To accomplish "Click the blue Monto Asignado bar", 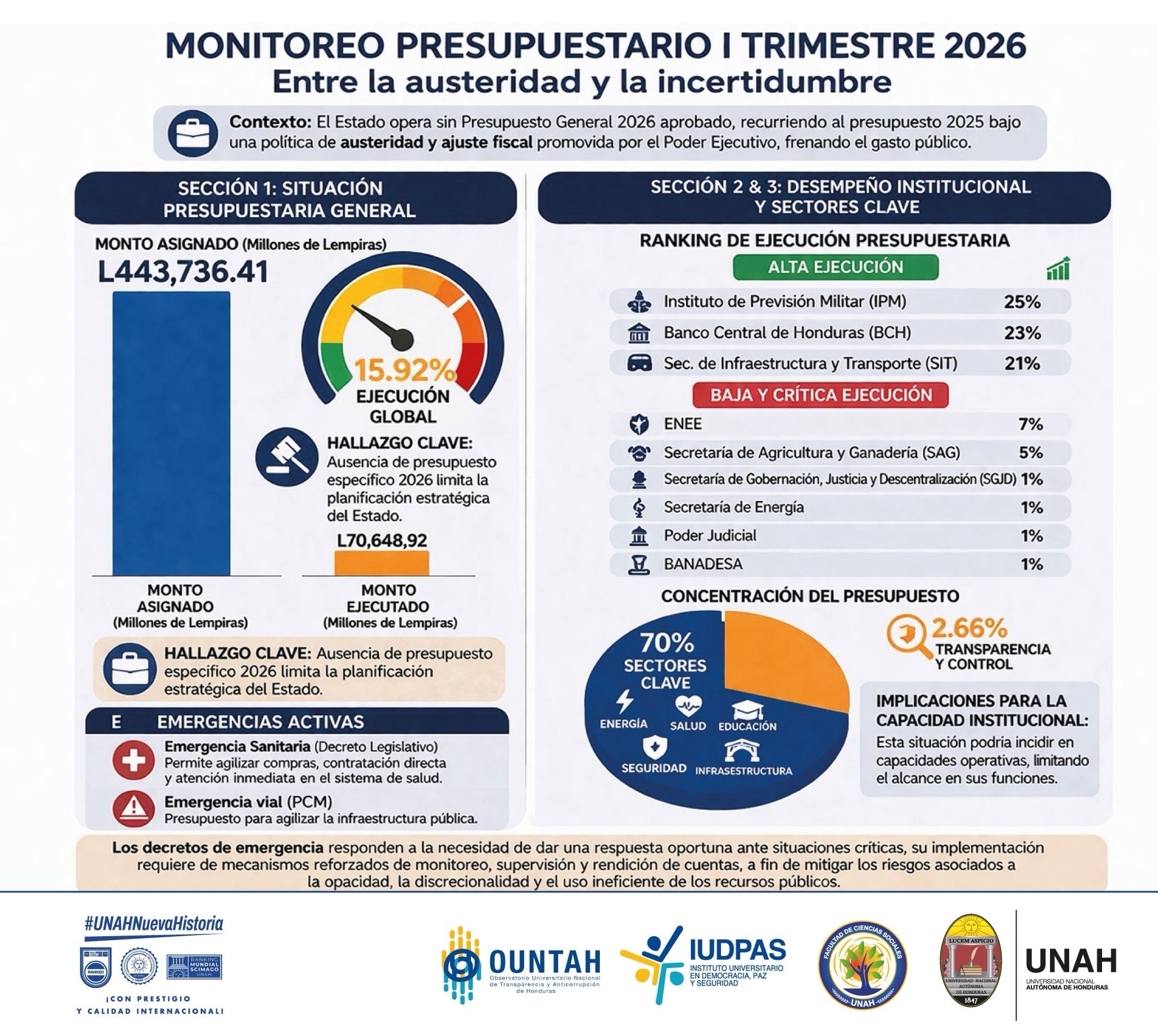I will pyautogui.click(x=171, y=434).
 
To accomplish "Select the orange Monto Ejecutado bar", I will pyautogui.click(x=381, y=562).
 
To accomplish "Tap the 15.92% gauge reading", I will pyautogui.click(x=405, y=371).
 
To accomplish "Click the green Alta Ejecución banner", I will pyautogui.click(x=836, y=267).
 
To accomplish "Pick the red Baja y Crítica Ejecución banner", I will pyautogui.click(x=821, y=395).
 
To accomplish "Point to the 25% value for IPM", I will pyautogui.click(x=1022, y=302).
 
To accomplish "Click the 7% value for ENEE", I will pyautogui.click(x=1031, y=424).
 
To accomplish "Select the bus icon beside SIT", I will pyautogui.click(x=639, y=363).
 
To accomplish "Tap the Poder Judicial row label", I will pyautogui.click(x=710, y=535).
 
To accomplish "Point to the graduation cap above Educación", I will pyautogui.click(x=747, y=710).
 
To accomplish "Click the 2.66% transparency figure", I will pyautogui.click(x=969, y=628).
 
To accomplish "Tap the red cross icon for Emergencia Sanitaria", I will pyautogui.click(x=133, y=761).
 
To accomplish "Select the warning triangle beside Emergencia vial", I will pyautogui.click(x=133, y=808).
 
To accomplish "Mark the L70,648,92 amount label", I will pyautogui.click(x=382, y=540).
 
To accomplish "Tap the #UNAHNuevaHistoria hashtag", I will pyautogui.click(x=154, y=924).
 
